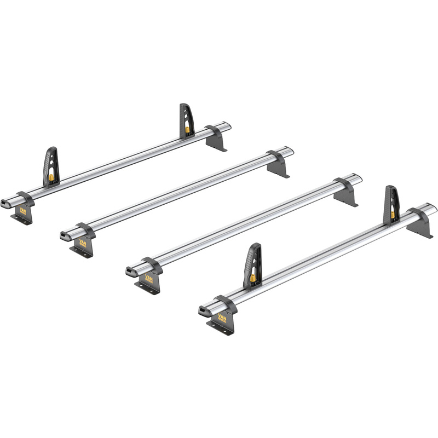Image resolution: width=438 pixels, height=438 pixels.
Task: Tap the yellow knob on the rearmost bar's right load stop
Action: (x=188, y=129)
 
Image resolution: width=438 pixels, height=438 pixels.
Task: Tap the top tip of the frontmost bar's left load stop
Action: (x=252, y=245)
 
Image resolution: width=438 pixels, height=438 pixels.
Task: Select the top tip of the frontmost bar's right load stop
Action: (x=389, y=187)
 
